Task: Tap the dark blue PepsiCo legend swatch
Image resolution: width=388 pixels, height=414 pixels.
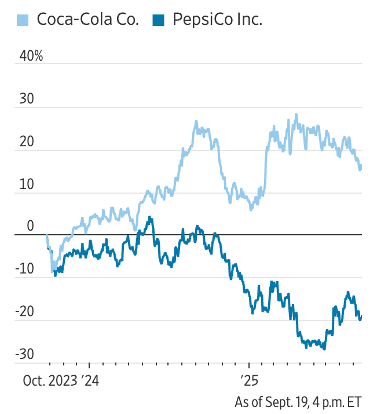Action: [x=158, y=20]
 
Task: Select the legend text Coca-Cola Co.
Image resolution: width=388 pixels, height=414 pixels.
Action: [x=87, y=20]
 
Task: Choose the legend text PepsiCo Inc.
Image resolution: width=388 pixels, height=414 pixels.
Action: [x=217, y=20]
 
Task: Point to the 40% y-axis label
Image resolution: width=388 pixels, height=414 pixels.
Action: [x=31, y=56]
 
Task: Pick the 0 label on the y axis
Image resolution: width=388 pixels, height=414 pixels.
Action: [x=31, y=227]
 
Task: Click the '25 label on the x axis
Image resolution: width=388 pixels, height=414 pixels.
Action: [x=248, y=382]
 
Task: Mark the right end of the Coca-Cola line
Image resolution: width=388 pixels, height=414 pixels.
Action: [x=361, y=168]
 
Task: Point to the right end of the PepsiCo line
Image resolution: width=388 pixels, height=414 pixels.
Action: [x=361, y=316]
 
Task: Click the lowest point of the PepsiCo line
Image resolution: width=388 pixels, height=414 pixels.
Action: [x=324, y=349]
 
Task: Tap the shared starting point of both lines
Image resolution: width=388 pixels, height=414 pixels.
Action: [x=47, y=235]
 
